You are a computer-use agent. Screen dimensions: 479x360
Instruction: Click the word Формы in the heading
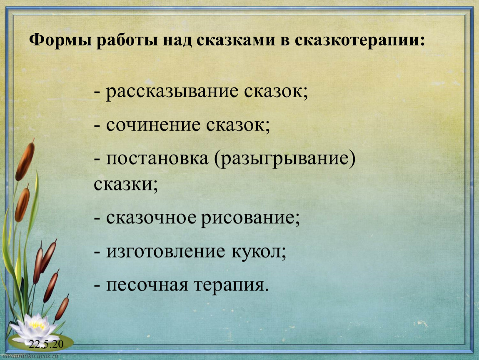click(60, 40)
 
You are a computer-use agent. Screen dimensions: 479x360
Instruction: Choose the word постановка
click(157, 159)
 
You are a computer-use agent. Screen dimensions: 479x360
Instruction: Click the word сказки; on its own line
click(126, 184)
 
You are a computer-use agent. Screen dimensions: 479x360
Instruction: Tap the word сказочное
click(151, 217)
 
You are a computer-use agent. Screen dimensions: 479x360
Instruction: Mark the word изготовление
click(165, 252)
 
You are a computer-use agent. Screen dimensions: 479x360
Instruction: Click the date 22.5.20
click(46, 344)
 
